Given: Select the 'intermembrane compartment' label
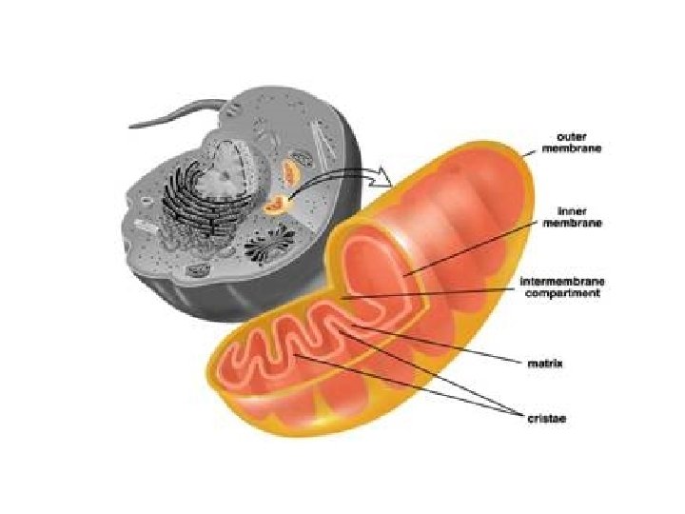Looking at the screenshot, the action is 560,287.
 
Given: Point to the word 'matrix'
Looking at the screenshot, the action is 545,362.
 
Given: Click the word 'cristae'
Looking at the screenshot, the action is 546,416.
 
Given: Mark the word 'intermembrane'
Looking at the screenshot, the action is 560,282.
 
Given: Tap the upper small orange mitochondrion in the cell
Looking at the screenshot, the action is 290,173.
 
